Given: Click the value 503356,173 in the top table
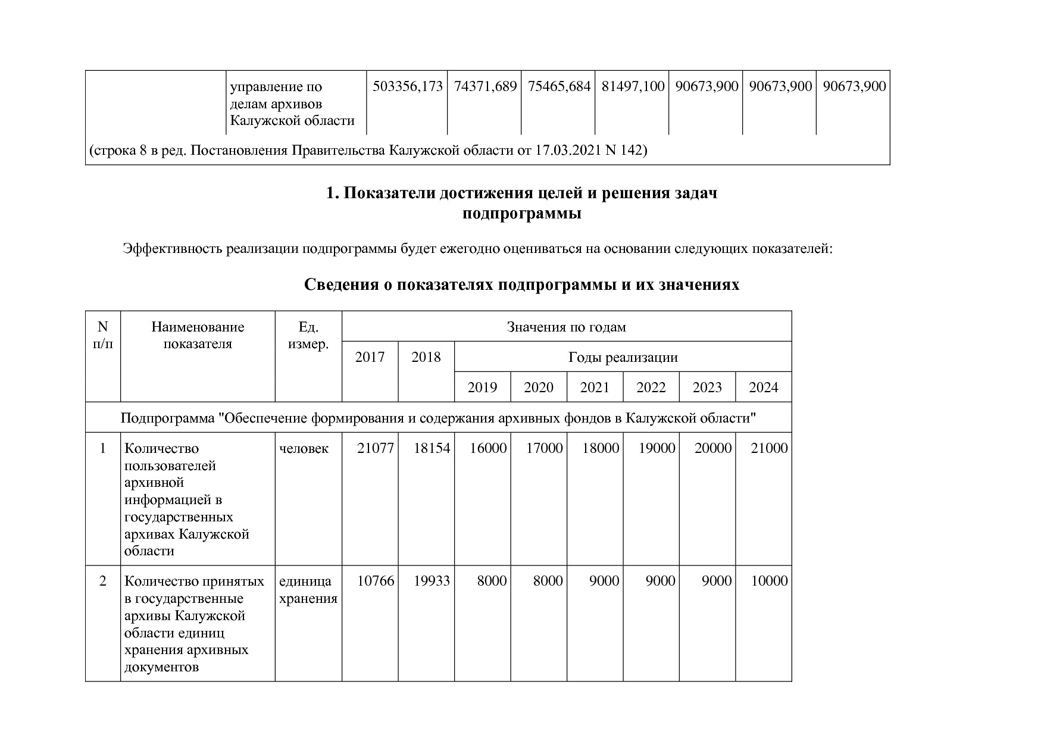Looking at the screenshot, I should tap(407, 87).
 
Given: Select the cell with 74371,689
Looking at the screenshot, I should tap(485, 87).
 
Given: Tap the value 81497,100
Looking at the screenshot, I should tap(632, 87).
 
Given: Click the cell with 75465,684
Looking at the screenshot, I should tap(558, 87).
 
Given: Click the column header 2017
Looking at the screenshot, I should tap(370, 357).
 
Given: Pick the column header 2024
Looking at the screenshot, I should tap(763, 388).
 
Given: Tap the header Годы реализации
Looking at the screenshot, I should tap(623, 358).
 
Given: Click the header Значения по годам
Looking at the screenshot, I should tap(566, 327).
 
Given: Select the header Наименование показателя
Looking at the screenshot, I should tap(198, 335).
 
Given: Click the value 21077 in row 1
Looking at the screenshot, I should tap(375, 449).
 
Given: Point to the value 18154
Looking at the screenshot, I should tap(432, 449).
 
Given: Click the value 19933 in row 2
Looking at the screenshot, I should tap(432, 581).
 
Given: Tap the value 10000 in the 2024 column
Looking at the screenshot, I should tap(769, 581).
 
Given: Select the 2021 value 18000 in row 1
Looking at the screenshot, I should tap(600, 449).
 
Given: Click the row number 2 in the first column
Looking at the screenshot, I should tap(102, 581).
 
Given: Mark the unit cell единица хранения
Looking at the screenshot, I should tap(308, 590).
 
